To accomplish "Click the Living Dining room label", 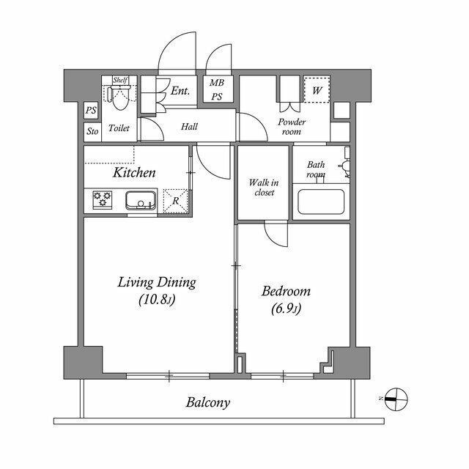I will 158,282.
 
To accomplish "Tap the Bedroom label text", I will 286,291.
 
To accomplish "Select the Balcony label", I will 208,402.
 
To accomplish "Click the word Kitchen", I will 134,173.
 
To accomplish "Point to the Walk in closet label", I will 262,187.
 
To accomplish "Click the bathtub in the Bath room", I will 322,202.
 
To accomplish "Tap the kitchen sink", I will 139,200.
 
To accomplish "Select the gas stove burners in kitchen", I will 102,200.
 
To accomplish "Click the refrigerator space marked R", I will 175,199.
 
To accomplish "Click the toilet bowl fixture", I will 119,94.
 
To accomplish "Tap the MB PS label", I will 218,90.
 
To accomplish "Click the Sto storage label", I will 92,132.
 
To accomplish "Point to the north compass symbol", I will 395,399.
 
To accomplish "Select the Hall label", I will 189,127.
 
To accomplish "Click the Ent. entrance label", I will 180,92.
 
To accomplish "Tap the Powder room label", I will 292,127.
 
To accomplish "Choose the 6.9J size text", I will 286,309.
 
